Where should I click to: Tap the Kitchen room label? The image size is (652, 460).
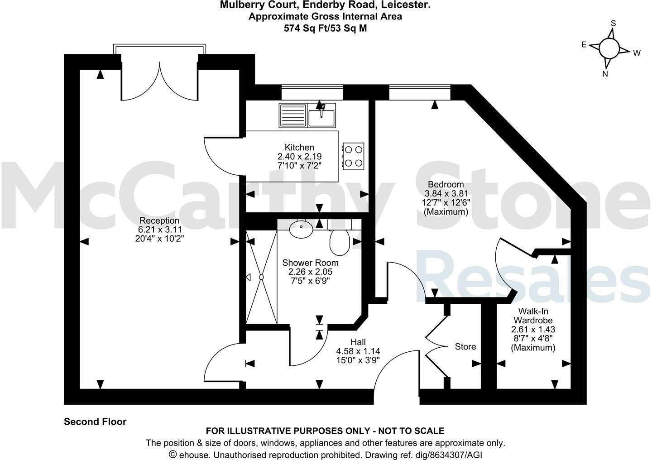tap(299, 148)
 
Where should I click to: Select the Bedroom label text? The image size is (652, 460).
tap(446, 184)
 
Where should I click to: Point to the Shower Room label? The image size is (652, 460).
tap(310, 263)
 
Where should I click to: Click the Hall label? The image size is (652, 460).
tap(358, 342)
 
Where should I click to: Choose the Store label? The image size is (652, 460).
tap(465, 347)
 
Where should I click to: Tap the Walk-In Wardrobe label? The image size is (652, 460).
tap(533, 316)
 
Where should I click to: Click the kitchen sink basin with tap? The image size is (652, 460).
tap(321, 117)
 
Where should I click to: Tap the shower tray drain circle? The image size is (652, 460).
tap(261, 277)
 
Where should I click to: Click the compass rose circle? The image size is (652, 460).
tap(609, 48)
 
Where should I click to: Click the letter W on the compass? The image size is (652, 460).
tap(637, 53)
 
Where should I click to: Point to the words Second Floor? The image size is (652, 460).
tap(95, 422)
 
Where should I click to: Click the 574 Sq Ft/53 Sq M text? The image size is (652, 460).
tap(325, 28)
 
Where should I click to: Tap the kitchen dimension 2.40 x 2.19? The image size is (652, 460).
tap(299, 157)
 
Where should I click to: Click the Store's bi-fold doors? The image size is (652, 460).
tap(436, 347)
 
